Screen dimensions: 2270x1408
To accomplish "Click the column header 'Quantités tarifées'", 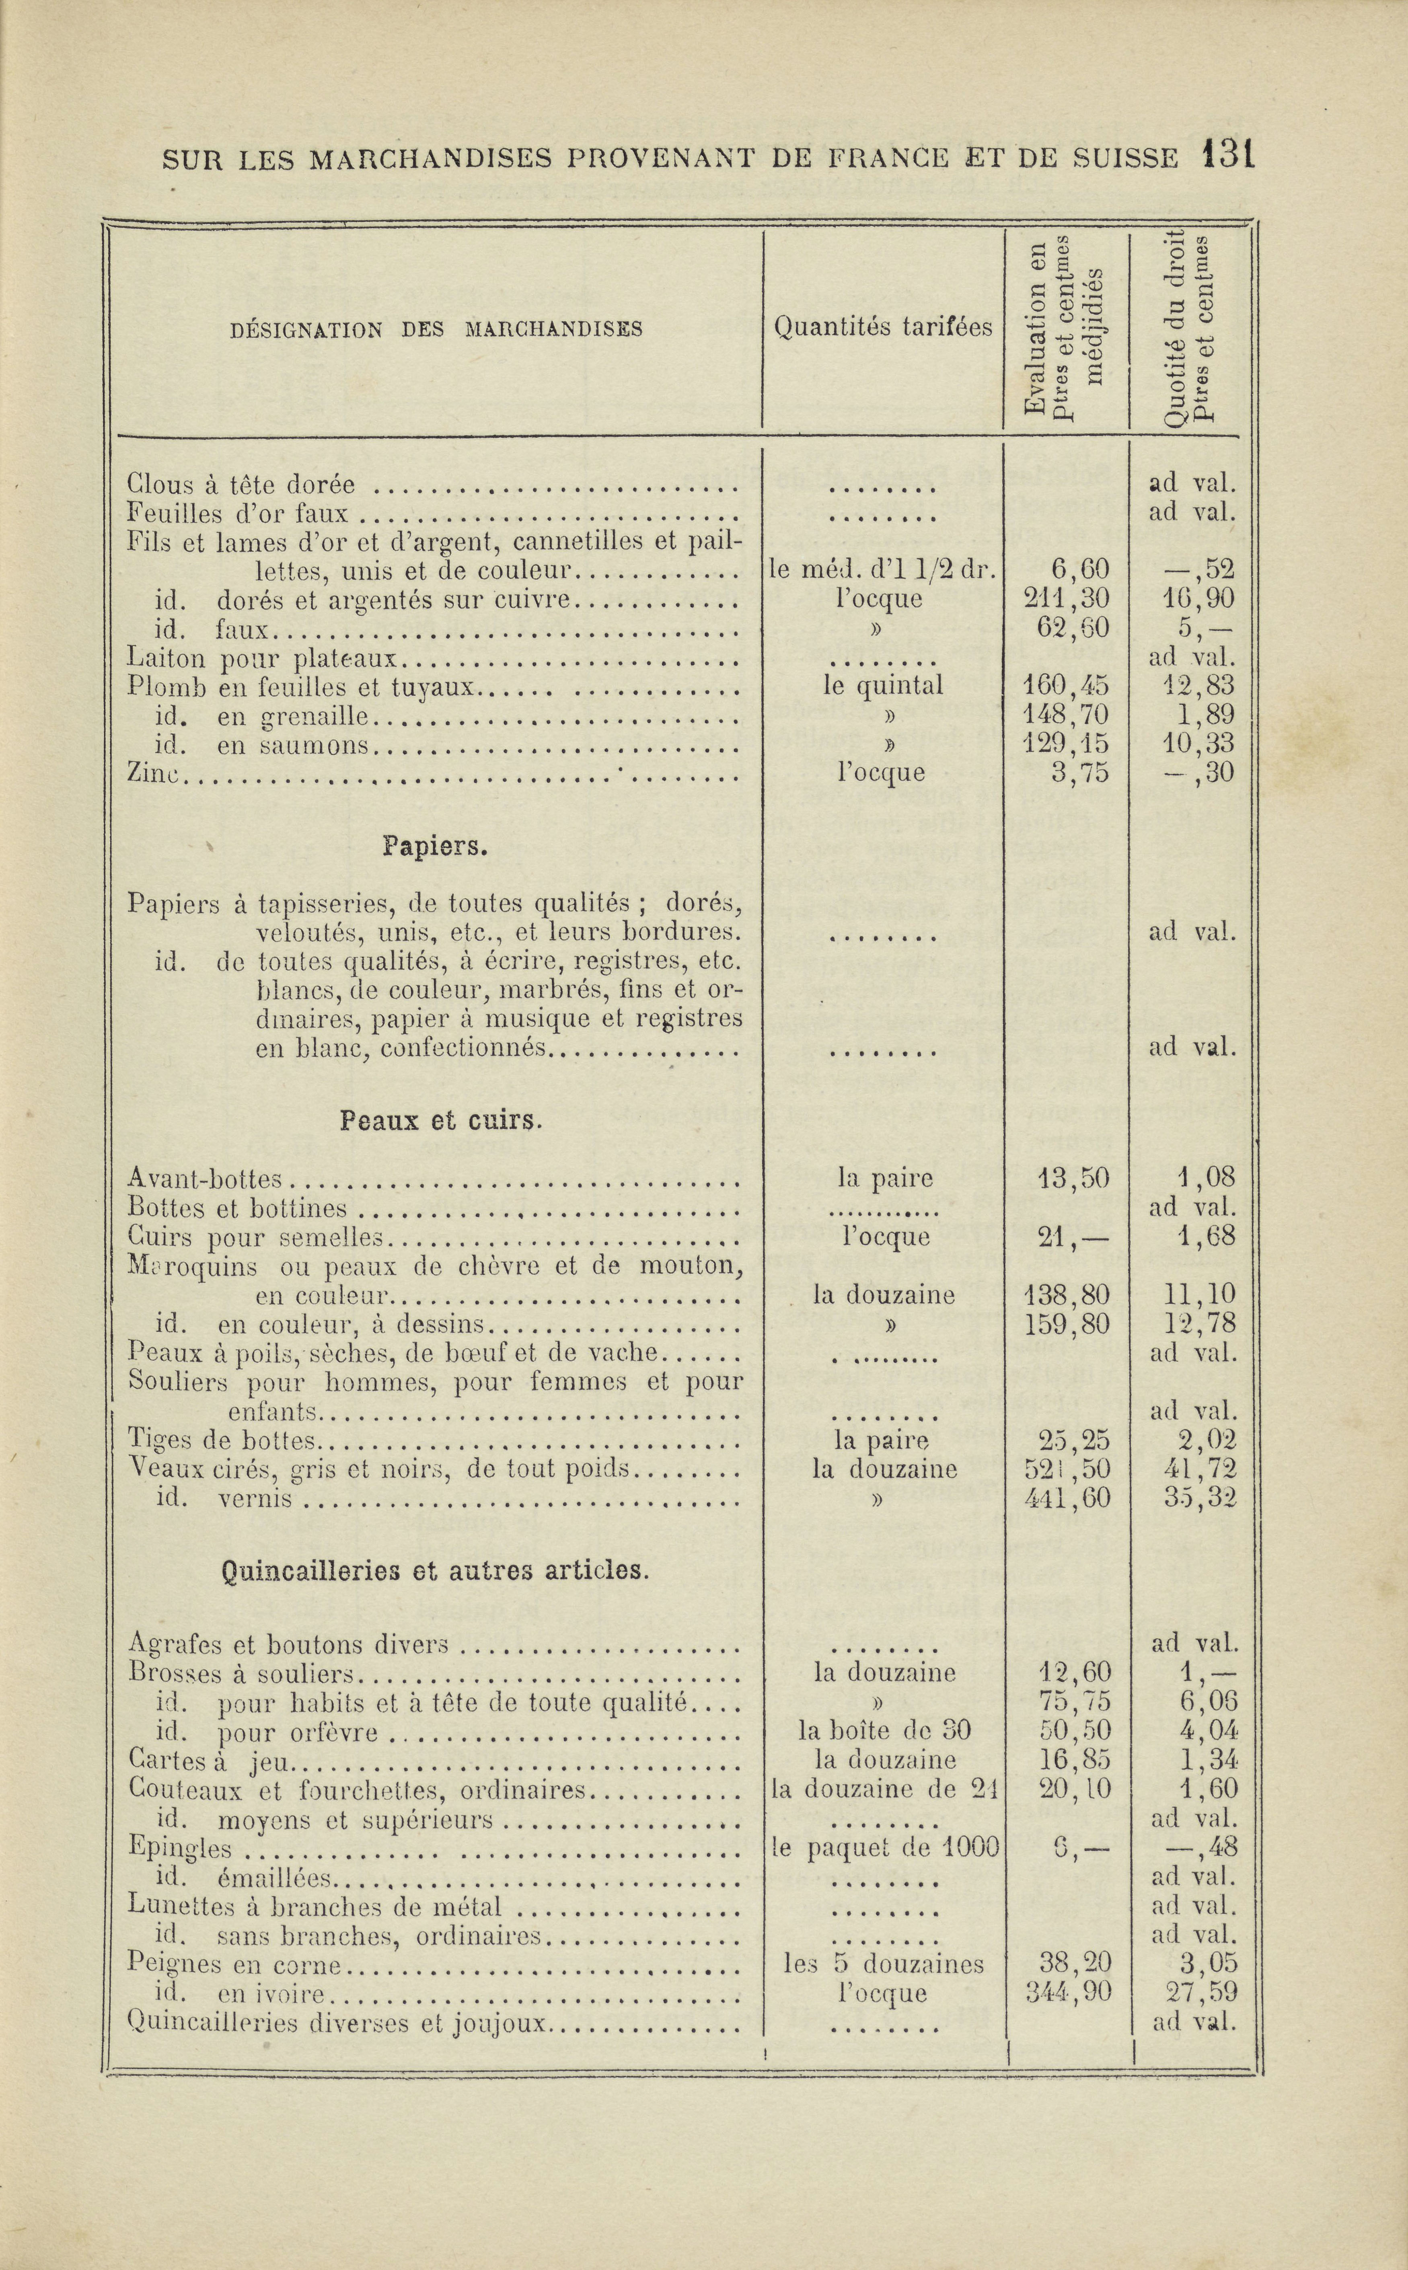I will pyautogui.click(x=883, y=327).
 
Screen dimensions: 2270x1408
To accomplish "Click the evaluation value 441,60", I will pyautogui.click(x=1066, y=1498).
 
